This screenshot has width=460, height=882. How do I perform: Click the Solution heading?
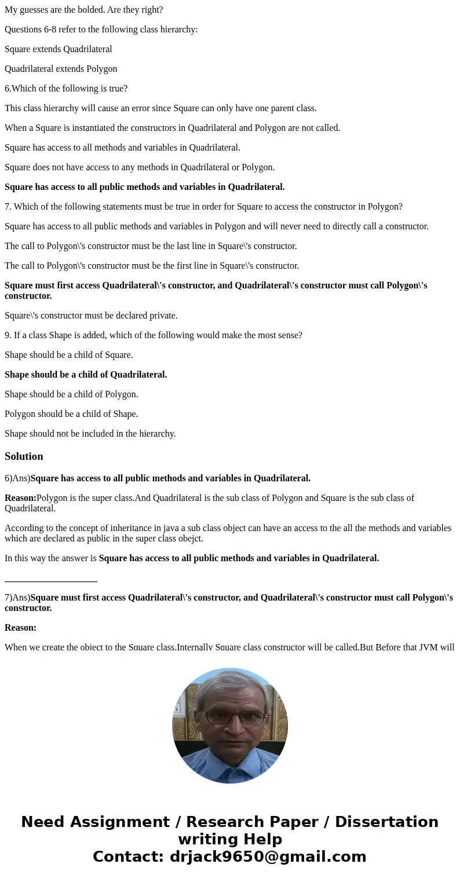point(24,456)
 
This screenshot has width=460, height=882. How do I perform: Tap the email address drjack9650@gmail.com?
point(268,857)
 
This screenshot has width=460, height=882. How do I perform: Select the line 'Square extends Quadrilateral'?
point(59,49)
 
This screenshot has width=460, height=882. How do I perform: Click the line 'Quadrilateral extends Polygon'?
point(61,69)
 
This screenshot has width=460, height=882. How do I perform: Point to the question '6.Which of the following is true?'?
point(66,89)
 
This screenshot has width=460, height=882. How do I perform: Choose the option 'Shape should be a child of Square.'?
point(69,355)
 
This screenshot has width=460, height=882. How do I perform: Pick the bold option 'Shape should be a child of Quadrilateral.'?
point(86,375)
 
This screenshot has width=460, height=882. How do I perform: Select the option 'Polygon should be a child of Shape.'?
point(71,414)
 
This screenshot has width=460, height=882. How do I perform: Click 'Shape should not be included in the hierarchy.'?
point(90,434)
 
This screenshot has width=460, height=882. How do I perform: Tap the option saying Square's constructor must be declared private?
point(91,316)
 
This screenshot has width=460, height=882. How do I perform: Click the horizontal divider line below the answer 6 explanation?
point(51,581)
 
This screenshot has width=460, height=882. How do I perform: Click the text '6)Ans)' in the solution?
point(17,478)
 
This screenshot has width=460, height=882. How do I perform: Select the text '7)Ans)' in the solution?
point(17,598)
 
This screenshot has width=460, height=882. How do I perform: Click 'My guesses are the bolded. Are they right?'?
point(84,10)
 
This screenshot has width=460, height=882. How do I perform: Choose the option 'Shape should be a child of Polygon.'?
point(71,394)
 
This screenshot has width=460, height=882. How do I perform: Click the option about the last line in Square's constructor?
point(151,246)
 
